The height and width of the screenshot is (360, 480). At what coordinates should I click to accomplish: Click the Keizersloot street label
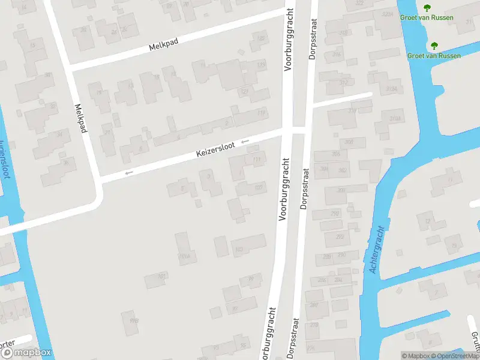pyautogui.click(x=215, y=151)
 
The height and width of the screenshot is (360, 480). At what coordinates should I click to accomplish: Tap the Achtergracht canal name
pyautogui.click(x=377, y=251)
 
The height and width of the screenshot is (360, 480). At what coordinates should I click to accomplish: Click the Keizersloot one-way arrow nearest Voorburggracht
pyautogui.click(x=245, y=142)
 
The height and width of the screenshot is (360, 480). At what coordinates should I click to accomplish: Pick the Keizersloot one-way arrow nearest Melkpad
pyautogui.click(x=128, y=173)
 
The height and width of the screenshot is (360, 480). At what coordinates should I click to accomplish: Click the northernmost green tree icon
pyautogui.click(x=427, y=8)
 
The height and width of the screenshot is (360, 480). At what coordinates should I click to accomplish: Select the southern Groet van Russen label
pyautogui.click(x=434, y=56)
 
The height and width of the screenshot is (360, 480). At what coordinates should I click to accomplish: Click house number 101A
pyautogui.click(x=184, y=256)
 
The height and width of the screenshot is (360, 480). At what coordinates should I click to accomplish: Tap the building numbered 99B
pyautogui.click(x=134, y=321)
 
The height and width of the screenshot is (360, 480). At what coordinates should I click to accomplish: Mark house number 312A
pyautogui.click(x=392, y=89)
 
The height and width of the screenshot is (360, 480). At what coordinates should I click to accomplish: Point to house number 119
pyautogui.click(x=261, y=113)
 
